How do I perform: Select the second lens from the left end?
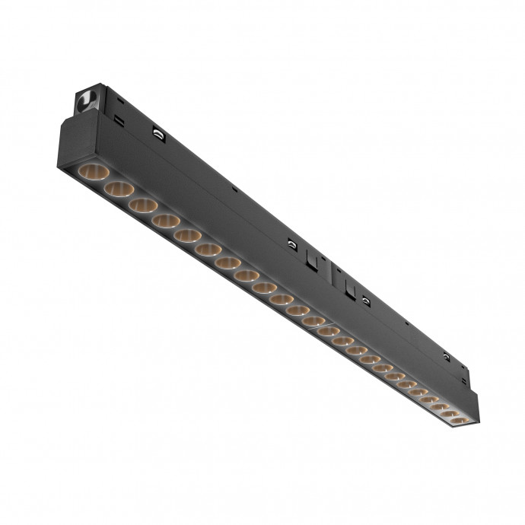coord(119,189)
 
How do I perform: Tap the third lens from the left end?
coord(143,205)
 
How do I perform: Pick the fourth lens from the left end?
coord(165,221)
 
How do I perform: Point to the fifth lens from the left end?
coord(187,236)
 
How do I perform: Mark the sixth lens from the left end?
coord(208,250)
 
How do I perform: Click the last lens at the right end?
coord(458,420)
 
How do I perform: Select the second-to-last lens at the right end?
coord(449,414)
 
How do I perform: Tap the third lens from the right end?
coord(439,407)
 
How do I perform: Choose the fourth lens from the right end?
coord(428,399)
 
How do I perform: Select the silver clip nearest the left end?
coord(157,134)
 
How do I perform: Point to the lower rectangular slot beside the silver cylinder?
coord(119,120)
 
